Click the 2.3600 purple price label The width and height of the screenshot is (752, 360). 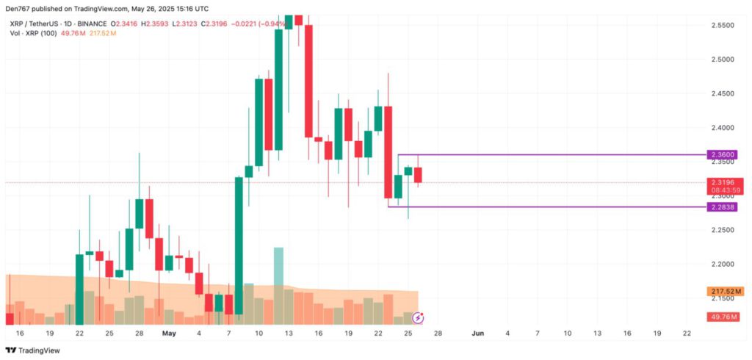[x=723, y=155]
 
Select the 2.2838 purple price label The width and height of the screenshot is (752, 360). [x=723, y=208]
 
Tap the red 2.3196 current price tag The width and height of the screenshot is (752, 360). [x=723, y=182]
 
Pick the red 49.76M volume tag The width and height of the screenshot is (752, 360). [x=723, y=317]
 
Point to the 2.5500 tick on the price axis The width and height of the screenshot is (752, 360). [x=723, y=25]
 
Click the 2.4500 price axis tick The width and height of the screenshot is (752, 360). [x=723, y=93]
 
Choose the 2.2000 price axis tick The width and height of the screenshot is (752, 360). [x=723, y=264]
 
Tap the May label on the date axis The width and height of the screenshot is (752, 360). [x=170, y=333]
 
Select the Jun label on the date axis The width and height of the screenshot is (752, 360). [x=478, y=333]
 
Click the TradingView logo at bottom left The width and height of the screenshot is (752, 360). [x=33, y=350]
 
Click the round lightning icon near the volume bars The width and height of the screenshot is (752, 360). [x=419, y=317]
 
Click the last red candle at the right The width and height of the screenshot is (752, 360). [x=418, y=175]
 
